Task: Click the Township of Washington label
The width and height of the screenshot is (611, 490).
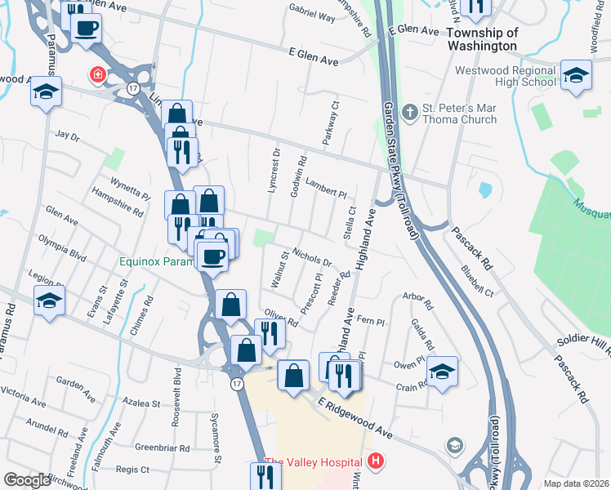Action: [x=483, y=39]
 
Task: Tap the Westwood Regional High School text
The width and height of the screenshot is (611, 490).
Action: [x=506, y=76]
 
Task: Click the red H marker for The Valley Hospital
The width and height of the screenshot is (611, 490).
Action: [x=376, y=461]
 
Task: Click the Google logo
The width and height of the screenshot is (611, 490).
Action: [x=27, y=480]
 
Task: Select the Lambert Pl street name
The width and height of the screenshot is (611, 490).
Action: [x=327, y=189]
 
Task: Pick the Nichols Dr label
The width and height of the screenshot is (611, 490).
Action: [x=311, y=258]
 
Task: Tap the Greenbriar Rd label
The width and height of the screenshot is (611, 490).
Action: [x=163, y=448]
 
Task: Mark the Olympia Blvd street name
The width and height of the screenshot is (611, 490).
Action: [x=62, y=247]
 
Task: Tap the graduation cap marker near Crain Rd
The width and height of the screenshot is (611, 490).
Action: [x=442, y=372]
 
